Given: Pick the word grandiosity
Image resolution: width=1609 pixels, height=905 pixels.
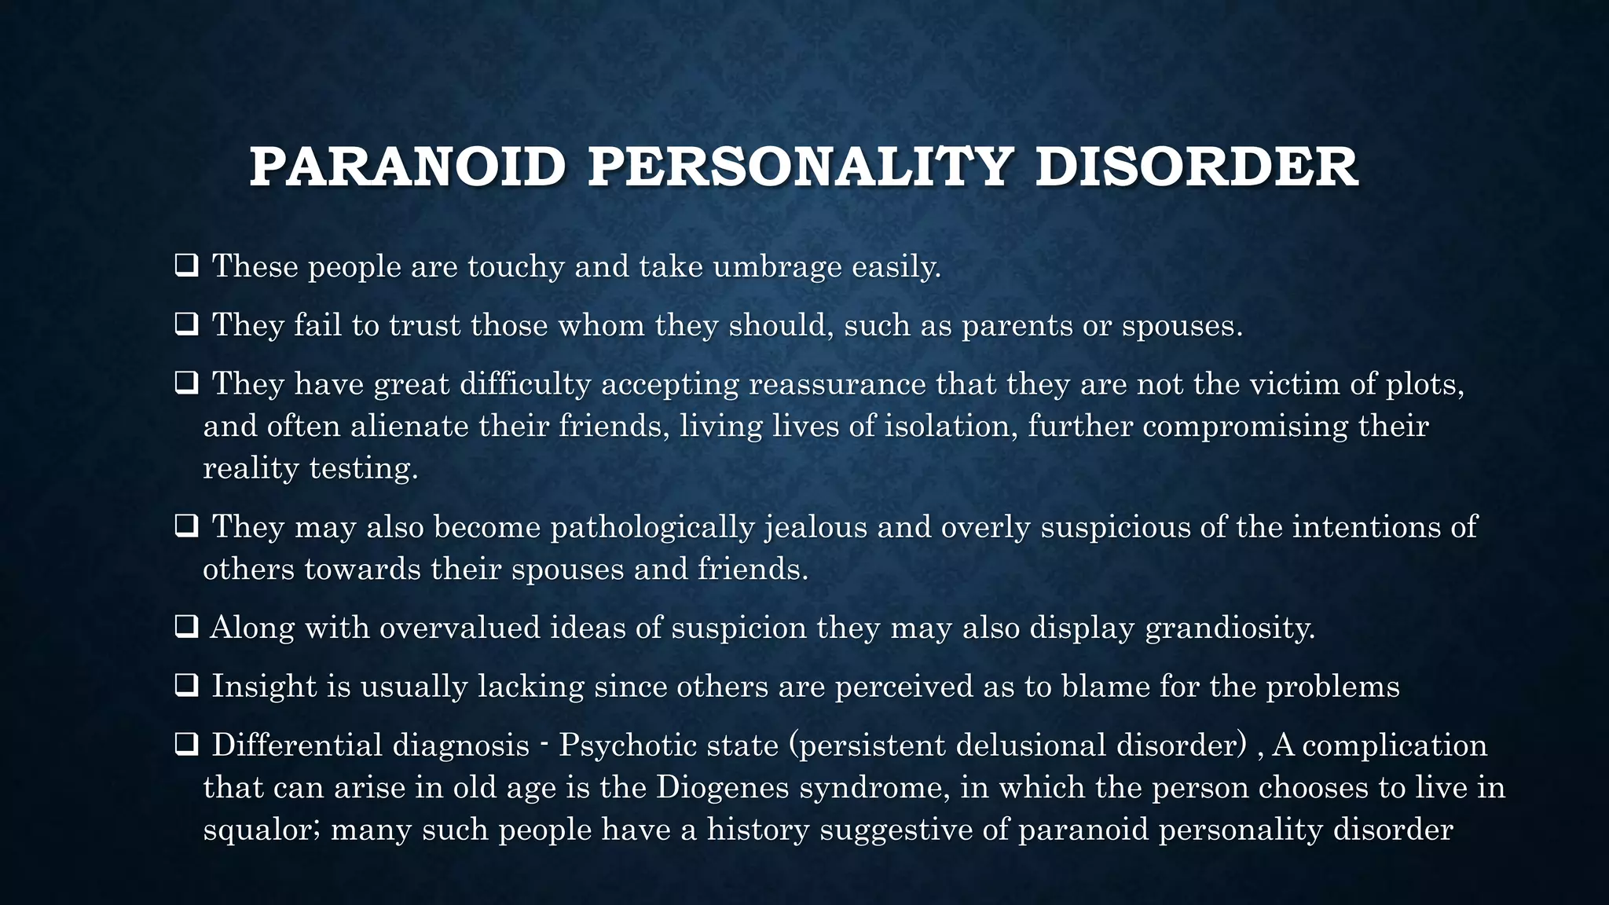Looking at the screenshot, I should point(1230,628).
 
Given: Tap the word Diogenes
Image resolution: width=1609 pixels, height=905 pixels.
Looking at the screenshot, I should point(722,787).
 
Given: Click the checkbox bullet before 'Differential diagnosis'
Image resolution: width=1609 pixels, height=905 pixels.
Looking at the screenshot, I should point(186,744).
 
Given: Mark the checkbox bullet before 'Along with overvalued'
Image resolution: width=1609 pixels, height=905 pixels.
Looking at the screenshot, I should point(186,627).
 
